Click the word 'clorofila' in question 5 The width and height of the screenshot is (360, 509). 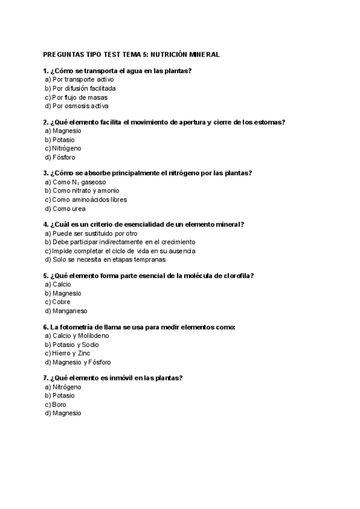(x=235, y=276)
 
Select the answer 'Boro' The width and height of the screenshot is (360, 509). (x=59, y=405)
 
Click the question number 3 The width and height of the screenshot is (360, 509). (x=46, y=173)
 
